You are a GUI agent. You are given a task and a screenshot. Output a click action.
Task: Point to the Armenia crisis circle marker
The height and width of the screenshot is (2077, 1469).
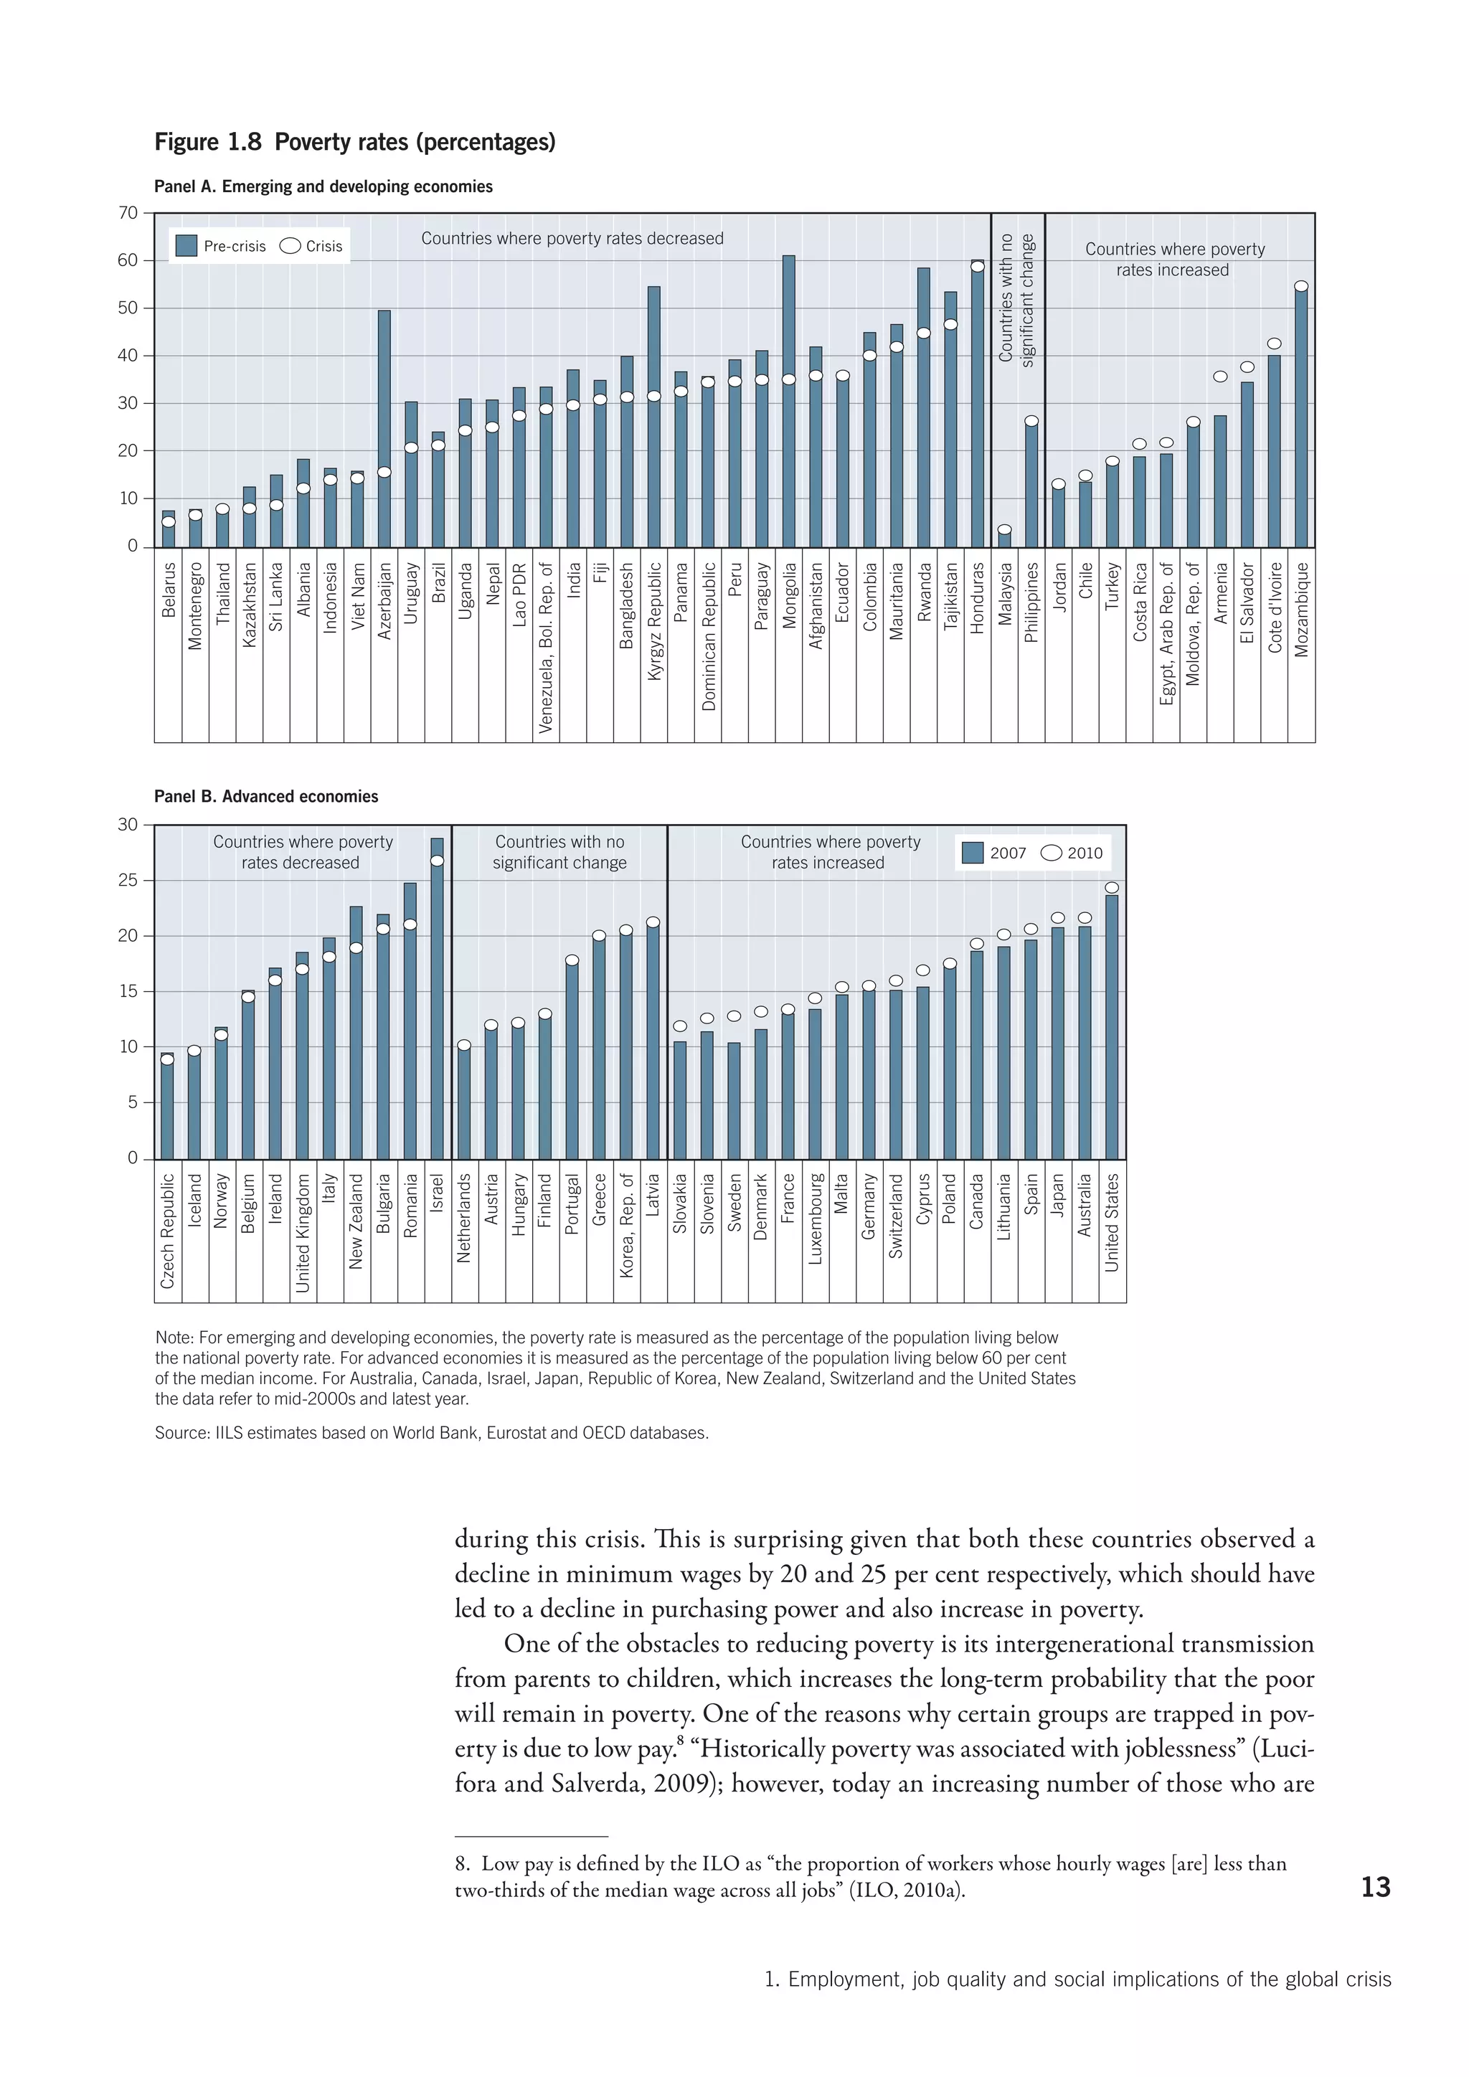(x=1220, y=377)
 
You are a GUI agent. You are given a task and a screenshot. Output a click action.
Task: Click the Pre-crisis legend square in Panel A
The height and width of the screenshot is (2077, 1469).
(x=186, y=246)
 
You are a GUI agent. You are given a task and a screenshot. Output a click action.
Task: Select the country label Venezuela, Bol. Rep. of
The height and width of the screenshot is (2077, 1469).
(x=545, y=647)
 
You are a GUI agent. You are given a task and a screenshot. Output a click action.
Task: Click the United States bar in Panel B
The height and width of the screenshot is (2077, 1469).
(x=1112, y=1027)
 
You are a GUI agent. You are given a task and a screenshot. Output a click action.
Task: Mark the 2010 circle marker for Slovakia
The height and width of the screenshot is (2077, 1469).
(x=680, y=1026)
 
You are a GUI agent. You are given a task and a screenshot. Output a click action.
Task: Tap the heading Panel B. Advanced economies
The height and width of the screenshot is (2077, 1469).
(x=266, y=797)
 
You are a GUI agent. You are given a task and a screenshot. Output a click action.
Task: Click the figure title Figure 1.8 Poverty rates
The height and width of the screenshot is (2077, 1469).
(x=354, y=142)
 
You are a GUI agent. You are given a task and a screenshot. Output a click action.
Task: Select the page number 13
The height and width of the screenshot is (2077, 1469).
(x=1375, y=1887)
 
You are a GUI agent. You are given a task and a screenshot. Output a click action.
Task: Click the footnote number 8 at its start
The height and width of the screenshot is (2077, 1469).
(x=461, y=1863)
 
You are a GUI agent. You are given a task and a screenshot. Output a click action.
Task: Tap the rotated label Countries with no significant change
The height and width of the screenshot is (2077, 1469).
(x=1016, y=298)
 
